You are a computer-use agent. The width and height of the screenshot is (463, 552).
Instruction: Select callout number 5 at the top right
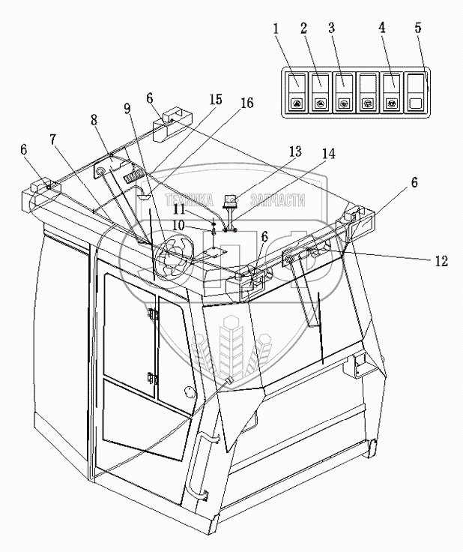coord(417,28)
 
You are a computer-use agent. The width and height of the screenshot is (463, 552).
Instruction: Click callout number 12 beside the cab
coord(441,261)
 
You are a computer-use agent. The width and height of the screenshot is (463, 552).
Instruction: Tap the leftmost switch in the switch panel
coord(297,92)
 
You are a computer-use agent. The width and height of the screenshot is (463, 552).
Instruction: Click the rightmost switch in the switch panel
coord(414,92)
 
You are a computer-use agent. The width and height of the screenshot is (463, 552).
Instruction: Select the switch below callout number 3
coord(344,92)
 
